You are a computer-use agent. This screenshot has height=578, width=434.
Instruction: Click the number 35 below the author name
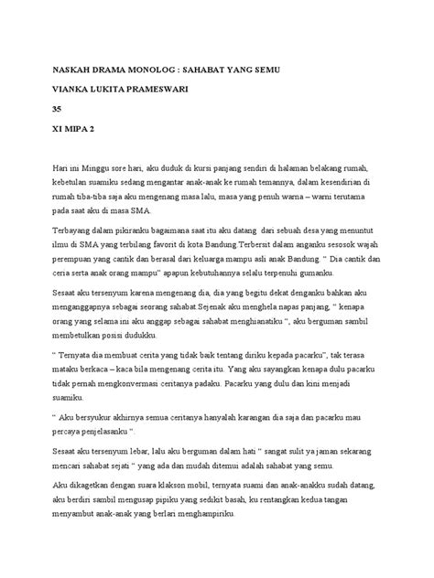(x=60, y=111)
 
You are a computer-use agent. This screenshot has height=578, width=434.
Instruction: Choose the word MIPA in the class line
(x=75, y=131)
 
